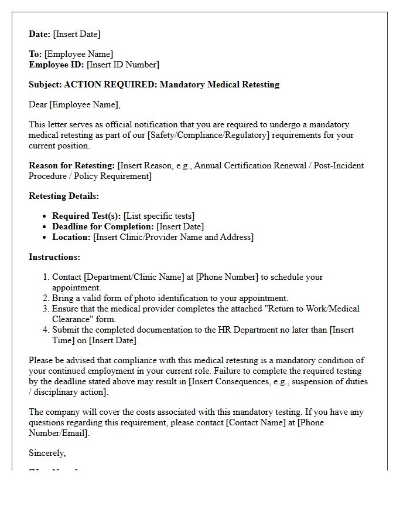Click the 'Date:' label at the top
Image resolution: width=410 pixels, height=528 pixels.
pyautogui.click(x=40, y=34)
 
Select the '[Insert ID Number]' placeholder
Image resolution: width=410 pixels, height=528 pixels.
pyautogui.click(x=123, y=65)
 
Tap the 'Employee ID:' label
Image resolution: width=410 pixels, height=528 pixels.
pyautogui.click(x=57, y=65)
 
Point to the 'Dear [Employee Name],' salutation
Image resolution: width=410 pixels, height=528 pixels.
pyautogui.click(x=74, y=104)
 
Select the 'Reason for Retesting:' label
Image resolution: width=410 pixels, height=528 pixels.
pyautogui.click(x=72, y=165)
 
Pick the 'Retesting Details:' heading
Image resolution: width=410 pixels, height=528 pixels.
pyautogui.click(x=64, y=196)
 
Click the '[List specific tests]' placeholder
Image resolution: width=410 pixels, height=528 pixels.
pyautogui.click(x=159, y=216)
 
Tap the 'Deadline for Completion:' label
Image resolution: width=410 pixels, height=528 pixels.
pyautogui.click(x=103, y=226)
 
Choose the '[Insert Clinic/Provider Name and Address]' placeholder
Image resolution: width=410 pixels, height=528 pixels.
pyautogui.click(x=173, y=237)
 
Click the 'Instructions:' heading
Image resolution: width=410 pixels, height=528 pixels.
pyautogui.click(x=54, y=257)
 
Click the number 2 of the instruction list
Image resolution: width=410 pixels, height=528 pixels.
pyautogui.click(x=46, y=298)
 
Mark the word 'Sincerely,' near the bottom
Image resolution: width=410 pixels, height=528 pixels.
pyautogui.click(x=47, y=453)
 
